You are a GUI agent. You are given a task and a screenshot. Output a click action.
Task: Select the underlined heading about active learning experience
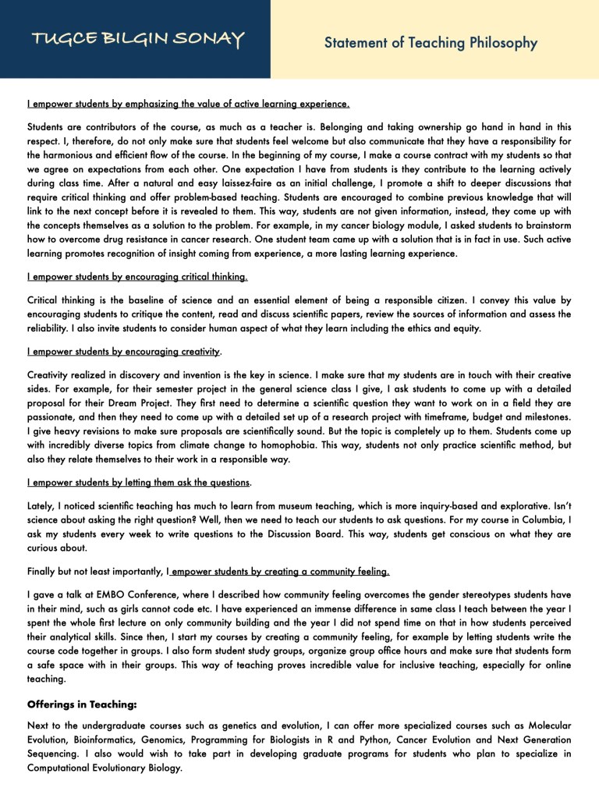click(x=188, y=104)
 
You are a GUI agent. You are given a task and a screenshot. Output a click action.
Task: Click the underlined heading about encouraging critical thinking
click(x=137, y=277)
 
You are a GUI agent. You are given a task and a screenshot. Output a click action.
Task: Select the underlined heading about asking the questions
click(x=139, y=482)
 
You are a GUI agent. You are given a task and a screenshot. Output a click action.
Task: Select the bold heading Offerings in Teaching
click(x=82, y=704)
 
